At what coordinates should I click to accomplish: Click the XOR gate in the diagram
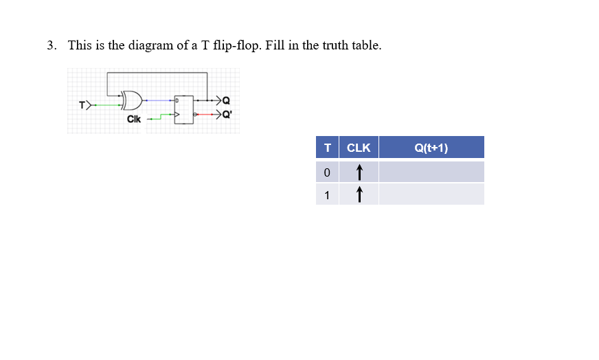point(132,101)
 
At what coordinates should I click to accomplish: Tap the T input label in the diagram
point(82,105)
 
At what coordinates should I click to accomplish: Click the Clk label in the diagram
point(134,119)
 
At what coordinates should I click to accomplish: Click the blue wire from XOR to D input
point(158,100)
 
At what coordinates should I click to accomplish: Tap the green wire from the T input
point(106,105)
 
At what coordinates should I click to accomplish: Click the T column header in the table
point(327,148)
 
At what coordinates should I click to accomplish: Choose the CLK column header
point(359,148)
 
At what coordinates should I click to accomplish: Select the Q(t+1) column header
point(431,148)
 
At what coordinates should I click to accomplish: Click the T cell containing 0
point(327,172)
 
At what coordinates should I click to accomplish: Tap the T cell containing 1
point(327,194)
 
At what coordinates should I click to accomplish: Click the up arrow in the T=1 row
point(359,194)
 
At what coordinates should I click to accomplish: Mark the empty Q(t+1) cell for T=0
point(431,172)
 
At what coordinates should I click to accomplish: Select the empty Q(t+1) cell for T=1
point(431,194)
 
